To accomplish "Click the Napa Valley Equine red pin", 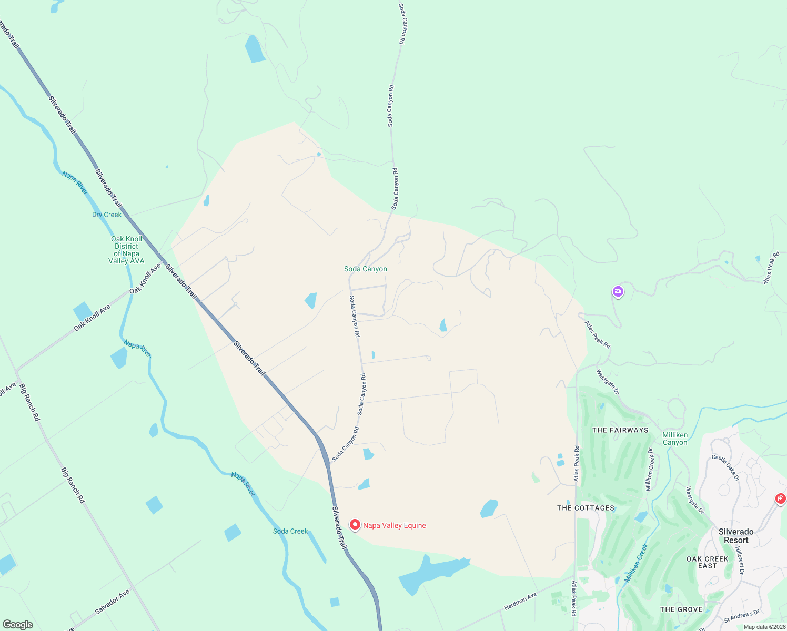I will [355, 525].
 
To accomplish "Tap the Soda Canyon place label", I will [366, 269].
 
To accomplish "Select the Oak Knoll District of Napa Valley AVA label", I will [126, 250].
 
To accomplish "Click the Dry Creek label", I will [107, 215].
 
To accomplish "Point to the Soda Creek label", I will [290, 531].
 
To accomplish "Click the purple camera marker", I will [618, 291].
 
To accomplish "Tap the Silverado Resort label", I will [736, 536].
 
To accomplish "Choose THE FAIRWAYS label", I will [620, 430].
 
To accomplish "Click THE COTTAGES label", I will [586, 508].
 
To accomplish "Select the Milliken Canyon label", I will [675, 439].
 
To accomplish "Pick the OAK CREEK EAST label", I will [707, 562].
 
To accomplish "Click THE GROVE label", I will [681, 609].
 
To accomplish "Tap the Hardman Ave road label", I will [520, 602].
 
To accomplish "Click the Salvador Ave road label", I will [113, 602].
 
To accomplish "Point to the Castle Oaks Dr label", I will [725, 467].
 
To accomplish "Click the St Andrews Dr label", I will [742, 616].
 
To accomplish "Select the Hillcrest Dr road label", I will [740, 560].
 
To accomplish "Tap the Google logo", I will [17, 625].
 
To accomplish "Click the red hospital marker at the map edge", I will [781, 498].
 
